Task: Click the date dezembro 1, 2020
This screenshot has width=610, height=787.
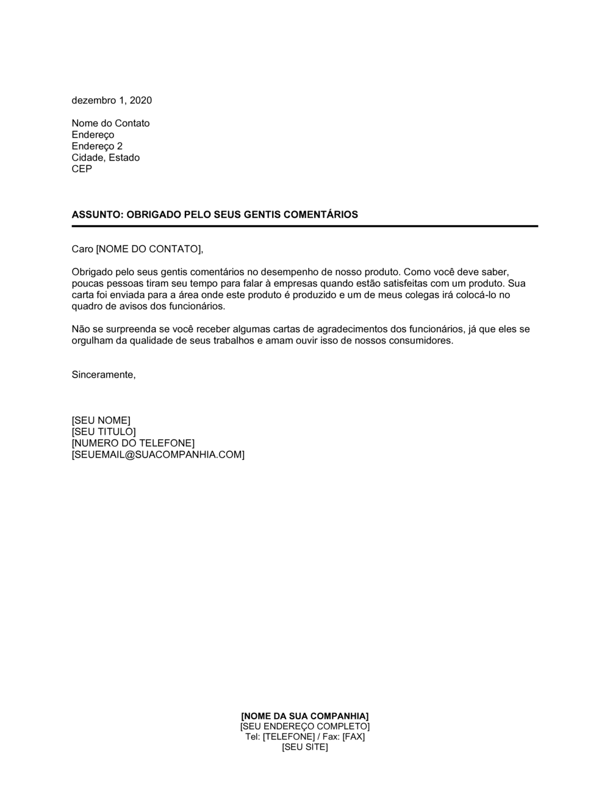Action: [112, 101]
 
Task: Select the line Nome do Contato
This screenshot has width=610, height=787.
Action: [110, 123]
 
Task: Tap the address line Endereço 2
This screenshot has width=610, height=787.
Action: [97, 146]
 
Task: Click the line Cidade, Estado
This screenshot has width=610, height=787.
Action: [106, 157]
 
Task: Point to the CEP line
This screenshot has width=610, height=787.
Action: [82, 169]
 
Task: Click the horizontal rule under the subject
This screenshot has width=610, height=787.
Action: [305, 226]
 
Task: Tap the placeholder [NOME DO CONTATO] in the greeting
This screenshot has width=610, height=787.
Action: [148, 249]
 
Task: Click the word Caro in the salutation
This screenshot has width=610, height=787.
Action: [82, 249]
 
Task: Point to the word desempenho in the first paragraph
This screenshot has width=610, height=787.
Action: [284, 271]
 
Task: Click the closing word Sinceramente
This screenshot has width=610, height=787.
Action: [104, 375]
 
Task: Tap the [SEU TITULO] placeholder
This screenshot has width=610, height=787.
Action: [104, 432]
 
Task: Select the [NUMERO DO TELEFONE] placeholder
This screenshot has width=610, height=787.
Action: [133, 444]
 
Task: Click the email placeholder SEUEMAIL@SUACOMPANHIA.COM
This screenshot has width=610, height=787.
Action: [158, 455]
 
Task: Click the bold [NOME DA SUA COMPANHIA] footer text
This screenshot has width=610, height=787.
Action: [305, 716]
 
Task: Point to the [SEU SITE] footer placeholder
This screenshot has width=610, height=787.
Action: [305, 747]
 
